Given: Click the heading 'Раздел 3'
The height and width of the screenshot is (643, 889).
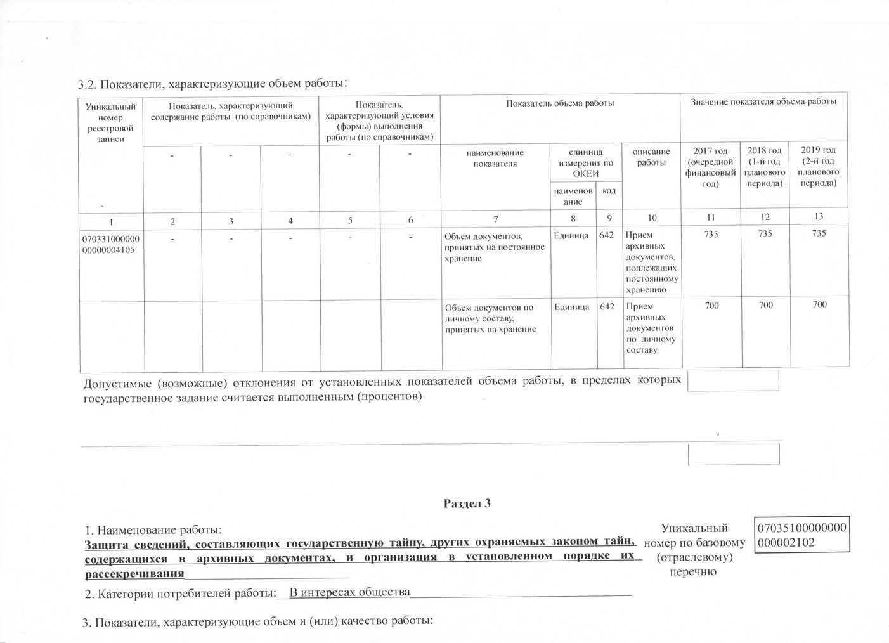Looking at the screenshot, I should coord(467,504).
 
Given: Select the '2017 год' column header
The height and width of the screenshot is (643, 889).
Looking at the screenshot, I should coord(710,167).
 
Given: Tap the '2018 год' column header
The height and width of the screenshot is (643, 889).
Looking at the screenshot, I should coord(765,167).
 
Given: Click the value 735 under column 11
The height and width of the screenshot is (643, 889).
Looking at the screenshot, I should coord(711,233).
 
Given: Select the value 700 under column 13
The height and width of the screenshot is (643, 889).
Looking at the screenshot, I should coord(819,305).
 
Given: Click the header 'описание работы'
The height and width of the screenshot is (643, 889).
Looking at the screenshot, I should coord(652,157).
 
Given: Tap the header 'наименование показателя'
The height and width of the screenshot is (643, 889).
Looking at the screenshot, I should coord(495,158).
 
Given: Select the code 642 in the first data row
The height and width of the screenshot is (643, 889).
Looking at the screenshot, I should coord(607,235).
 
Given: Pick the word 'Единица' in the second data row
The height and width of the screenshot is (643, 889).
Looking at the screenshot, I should coord(571,307).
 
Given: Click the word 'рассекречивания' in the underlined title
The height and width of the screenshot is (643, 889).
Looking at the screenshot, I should coord(134,574).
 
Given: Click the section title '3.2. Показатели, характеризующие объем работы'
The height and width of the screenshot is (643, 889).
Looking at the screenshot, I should coord(212,84).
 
